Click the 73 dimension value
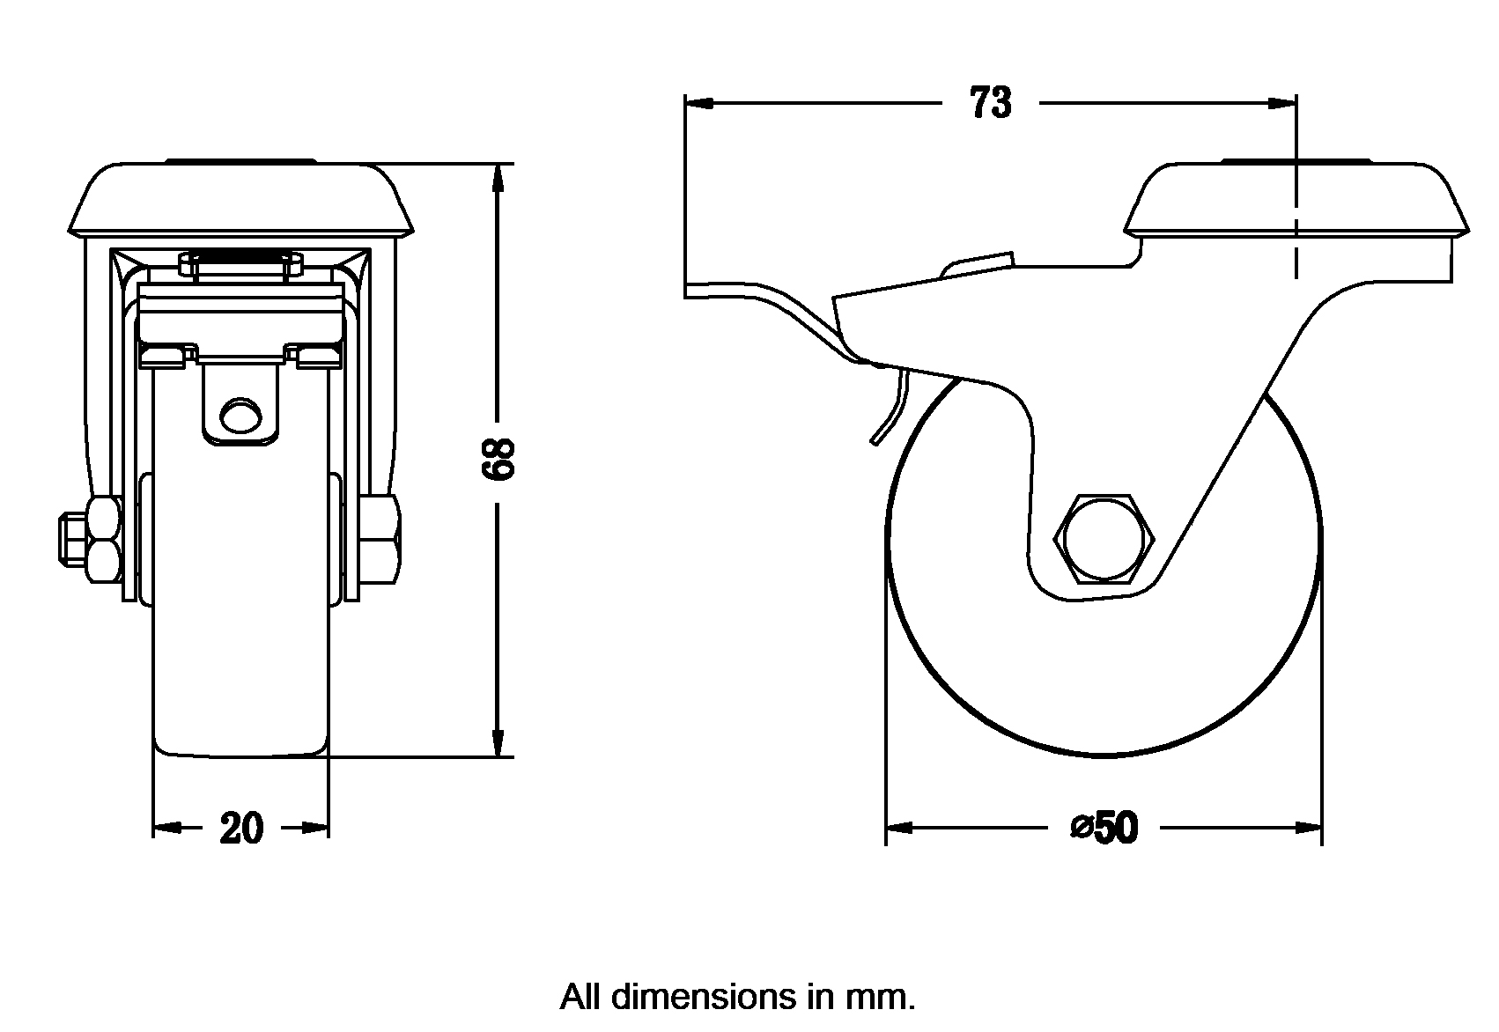[x=991, y=104]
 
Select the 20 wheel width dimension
[x=240, y=828]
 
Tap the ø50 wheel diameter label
[x=1104, y=828]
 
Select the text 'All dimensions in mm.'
[x=737, y=998]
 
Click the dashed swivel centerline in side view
[x=1296, y=255]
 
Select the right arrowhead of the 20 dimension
[x=316, y=828]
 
